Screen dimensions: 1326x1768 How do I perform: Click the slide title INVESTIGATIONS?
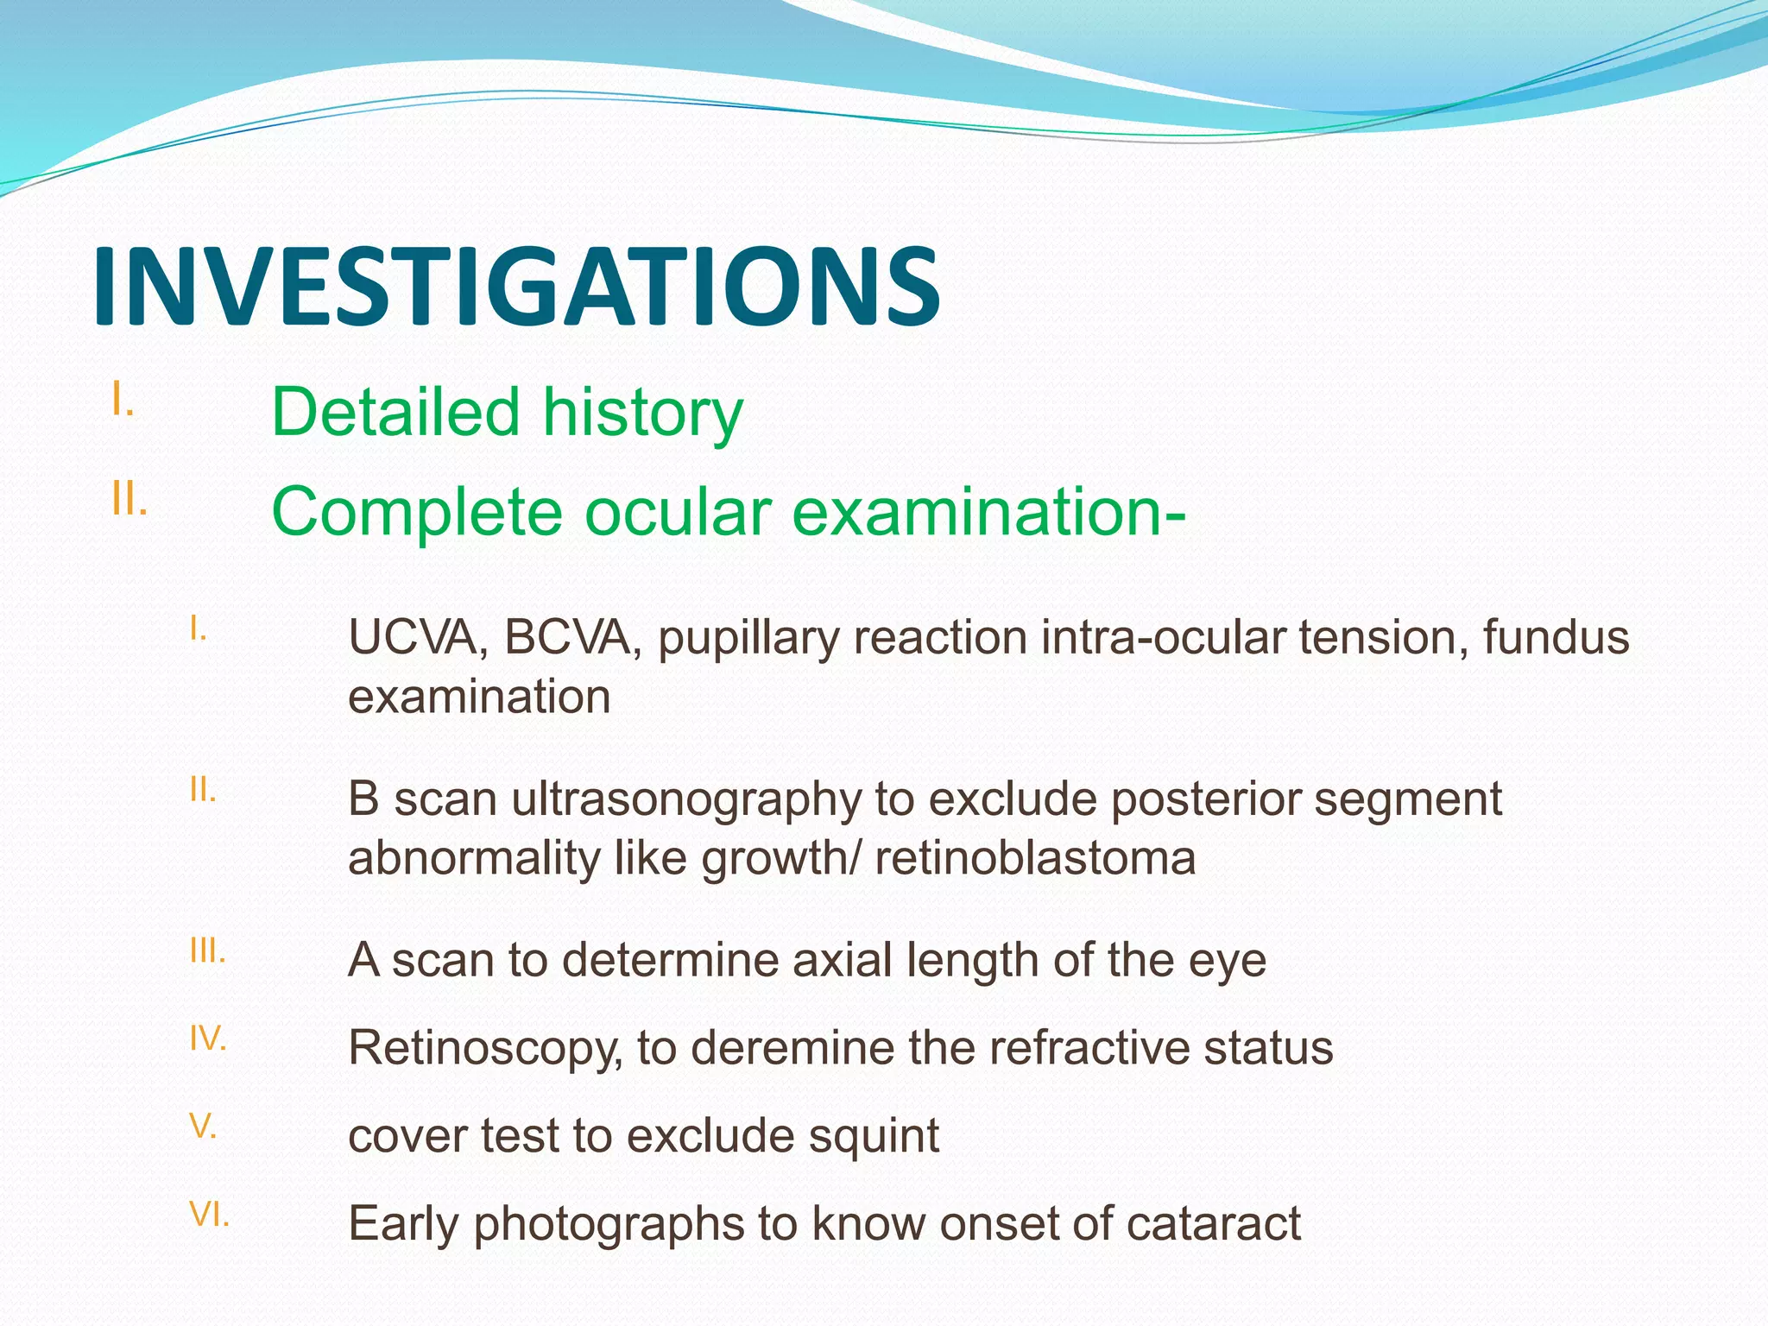pos(516,287)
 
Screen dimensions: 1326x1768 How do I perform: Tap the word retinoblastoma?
pos(1035,858)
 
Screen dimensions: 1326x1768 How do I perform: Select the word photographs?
pos(609,1225)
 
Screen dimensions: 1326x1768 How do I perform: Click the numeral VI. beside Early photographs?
pos(209,1215)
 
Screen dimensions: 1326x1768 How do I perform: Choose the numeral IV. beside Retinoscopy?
pos(207,1039)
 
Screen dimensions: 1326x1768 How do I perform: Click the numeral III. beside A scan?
pos(207,951)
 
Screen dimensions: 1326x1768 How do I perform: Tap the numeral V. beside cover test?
pos(203,1127)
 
